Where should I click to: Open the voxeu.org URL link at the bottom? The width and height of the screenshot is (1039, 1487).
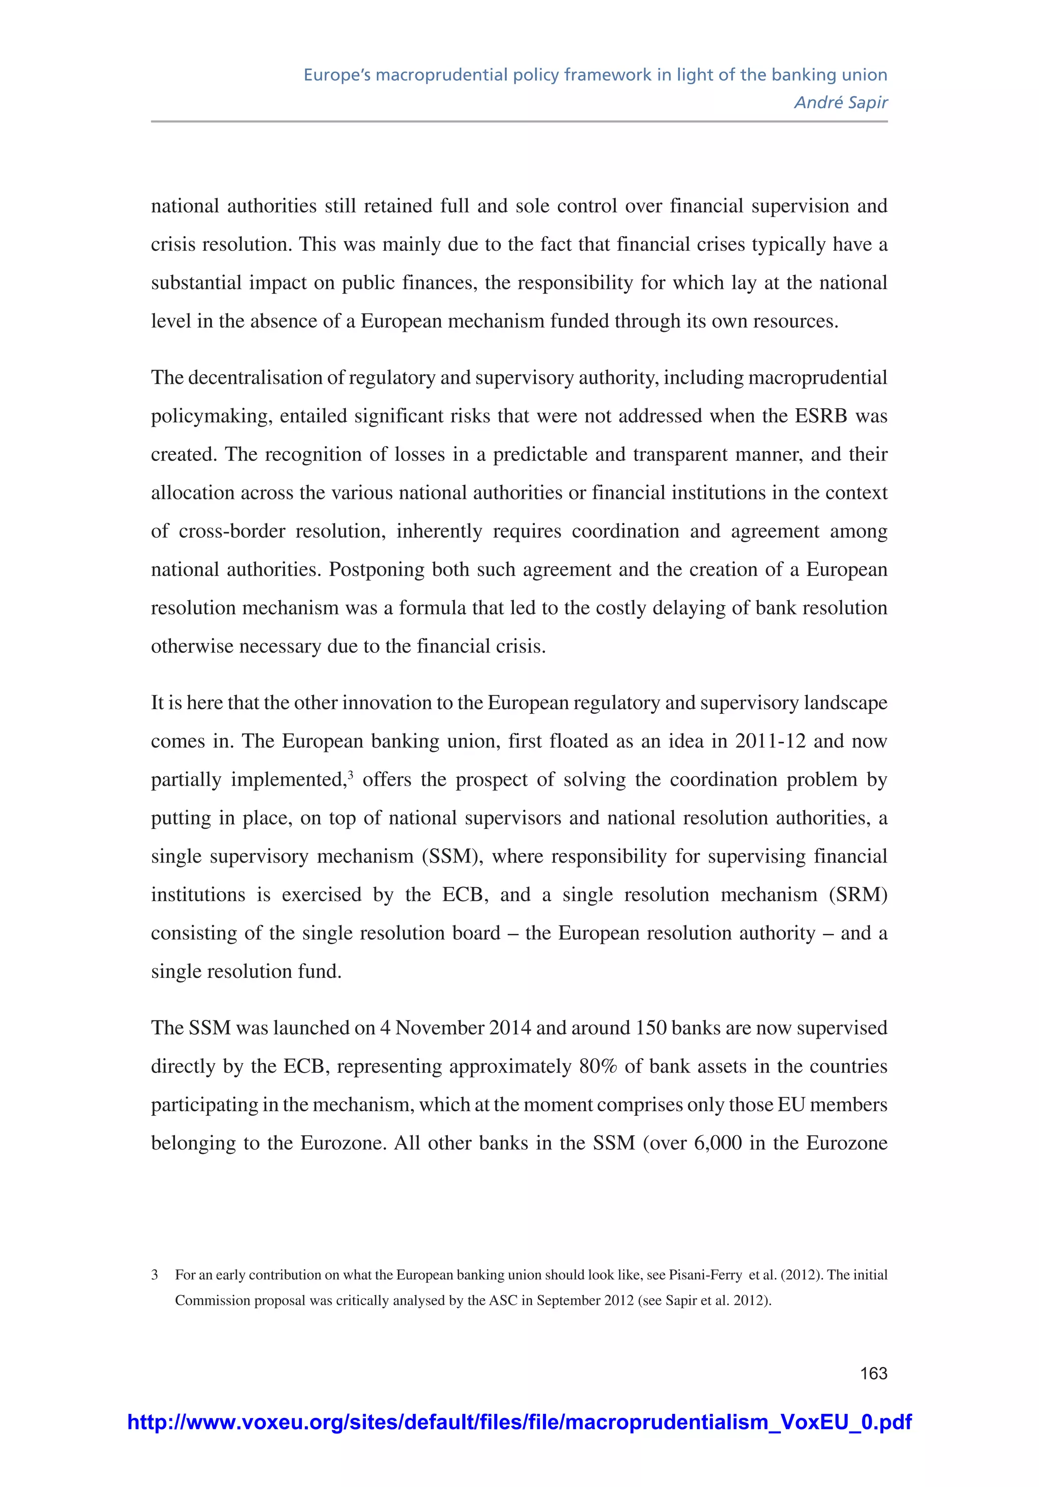519,1422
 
